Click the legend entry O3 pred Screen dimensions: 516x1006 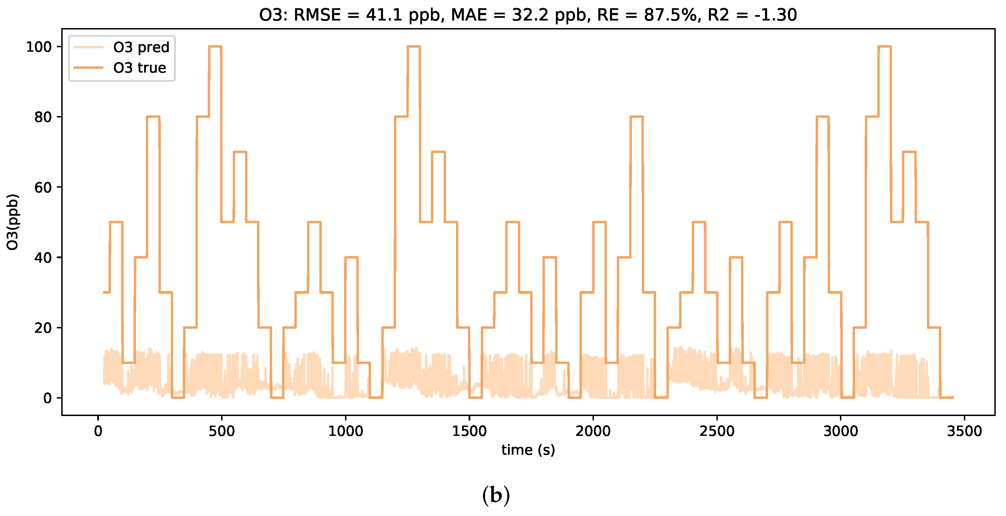pos(141,47)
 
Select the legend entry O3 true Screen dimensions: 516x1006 pos(139,68)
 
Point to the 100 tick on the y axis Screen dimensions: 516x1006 pos(39,47)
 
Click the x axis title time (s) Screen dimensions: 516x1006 pos(528,450)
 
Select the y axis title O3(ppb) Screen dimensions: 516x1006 pos(13,222)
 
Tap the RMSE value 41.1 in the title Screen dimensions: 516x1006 pos(384,15)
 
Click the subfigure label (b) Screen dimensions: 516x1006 pos(496,496)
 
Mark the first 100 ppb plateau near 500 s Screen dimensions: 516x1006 pos(215,47)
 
